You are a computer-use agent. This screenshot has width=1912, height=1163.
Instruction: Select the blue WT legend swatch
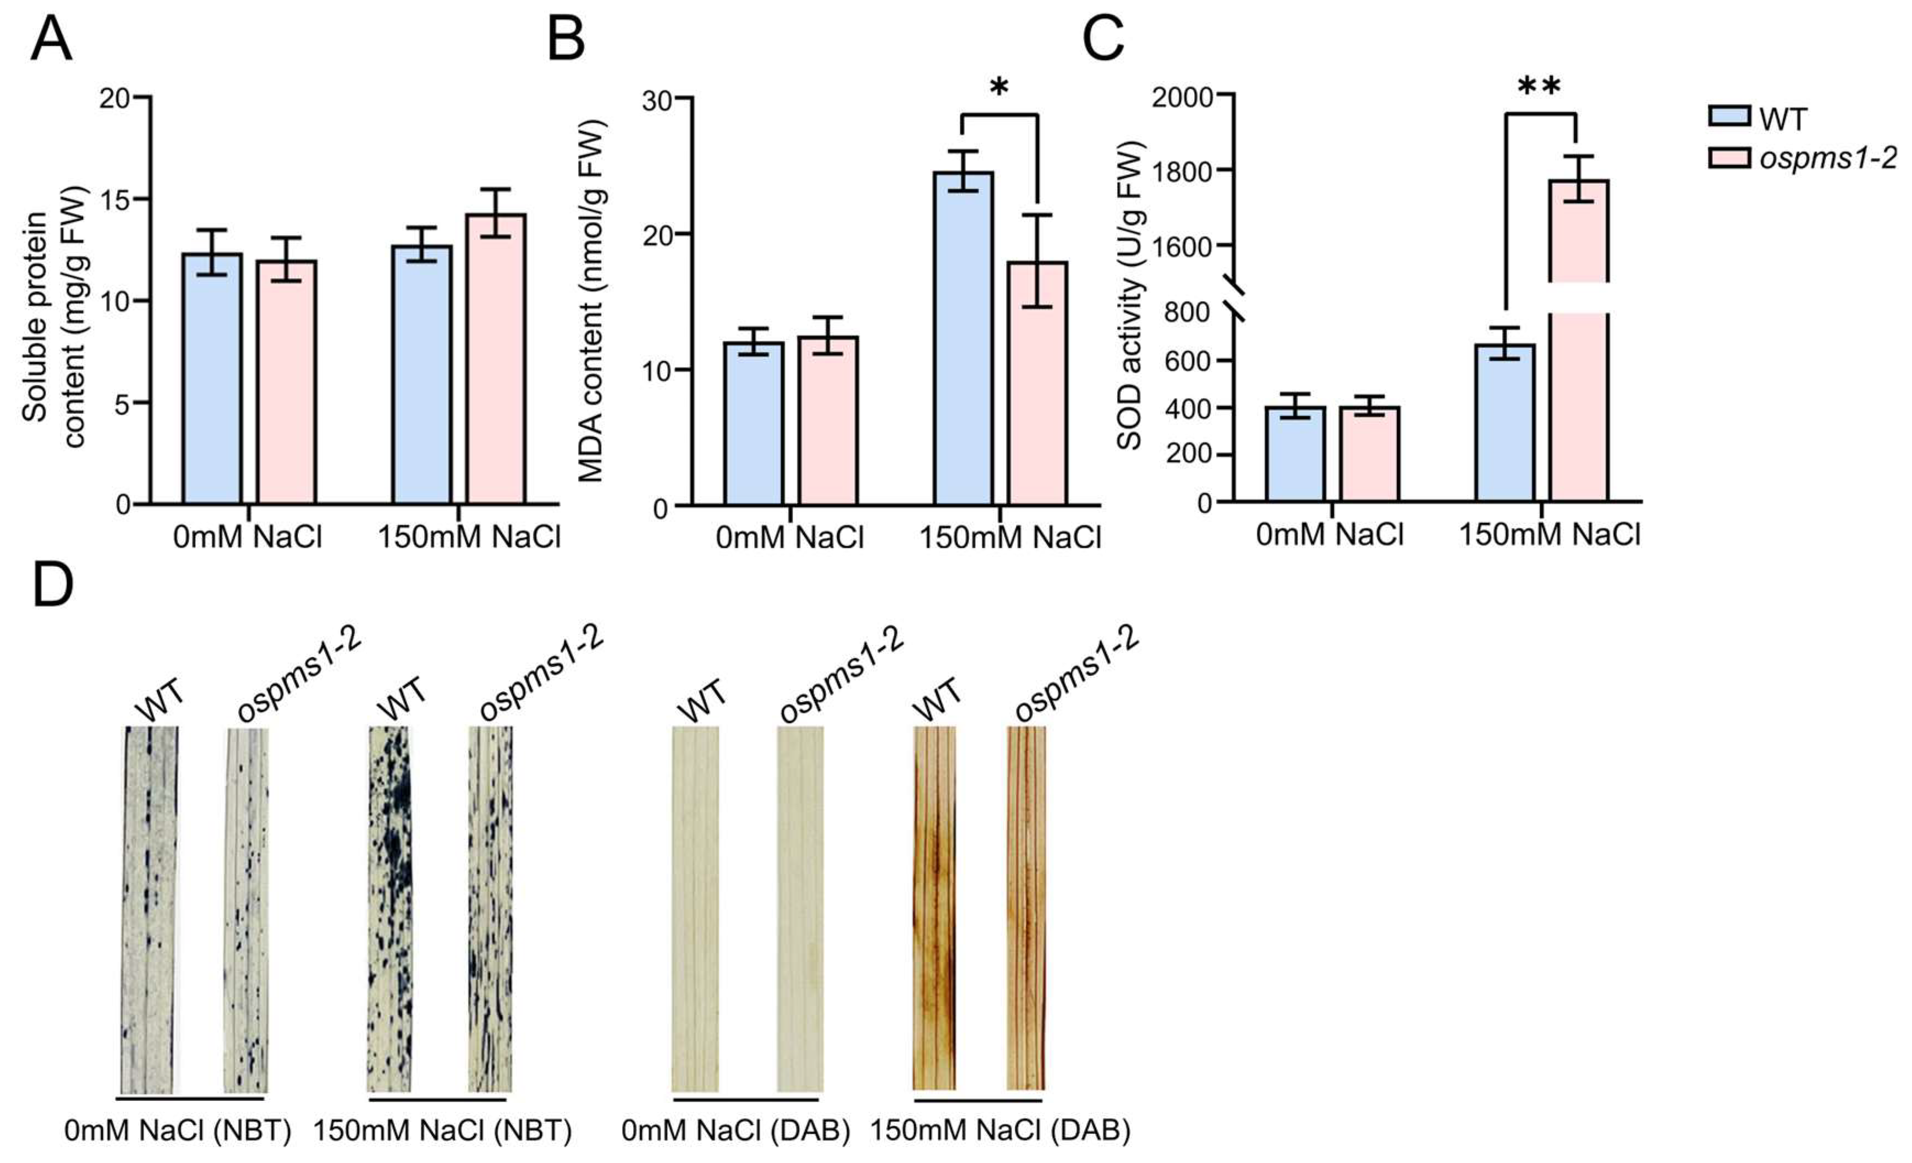[1729, 117]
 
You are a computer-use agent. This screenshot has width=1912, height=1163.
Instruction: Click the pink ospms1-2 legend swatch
[1729, 159]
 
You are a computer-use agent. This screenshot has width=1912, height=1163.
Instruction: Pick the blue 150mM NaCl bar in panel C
[1504, 423]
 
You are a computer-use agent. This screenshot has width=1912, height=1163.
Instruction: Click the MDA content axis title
[591, 301]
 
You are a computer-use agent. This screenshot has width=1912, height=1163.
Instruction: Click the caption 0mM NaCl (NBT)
[178, 1131]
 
